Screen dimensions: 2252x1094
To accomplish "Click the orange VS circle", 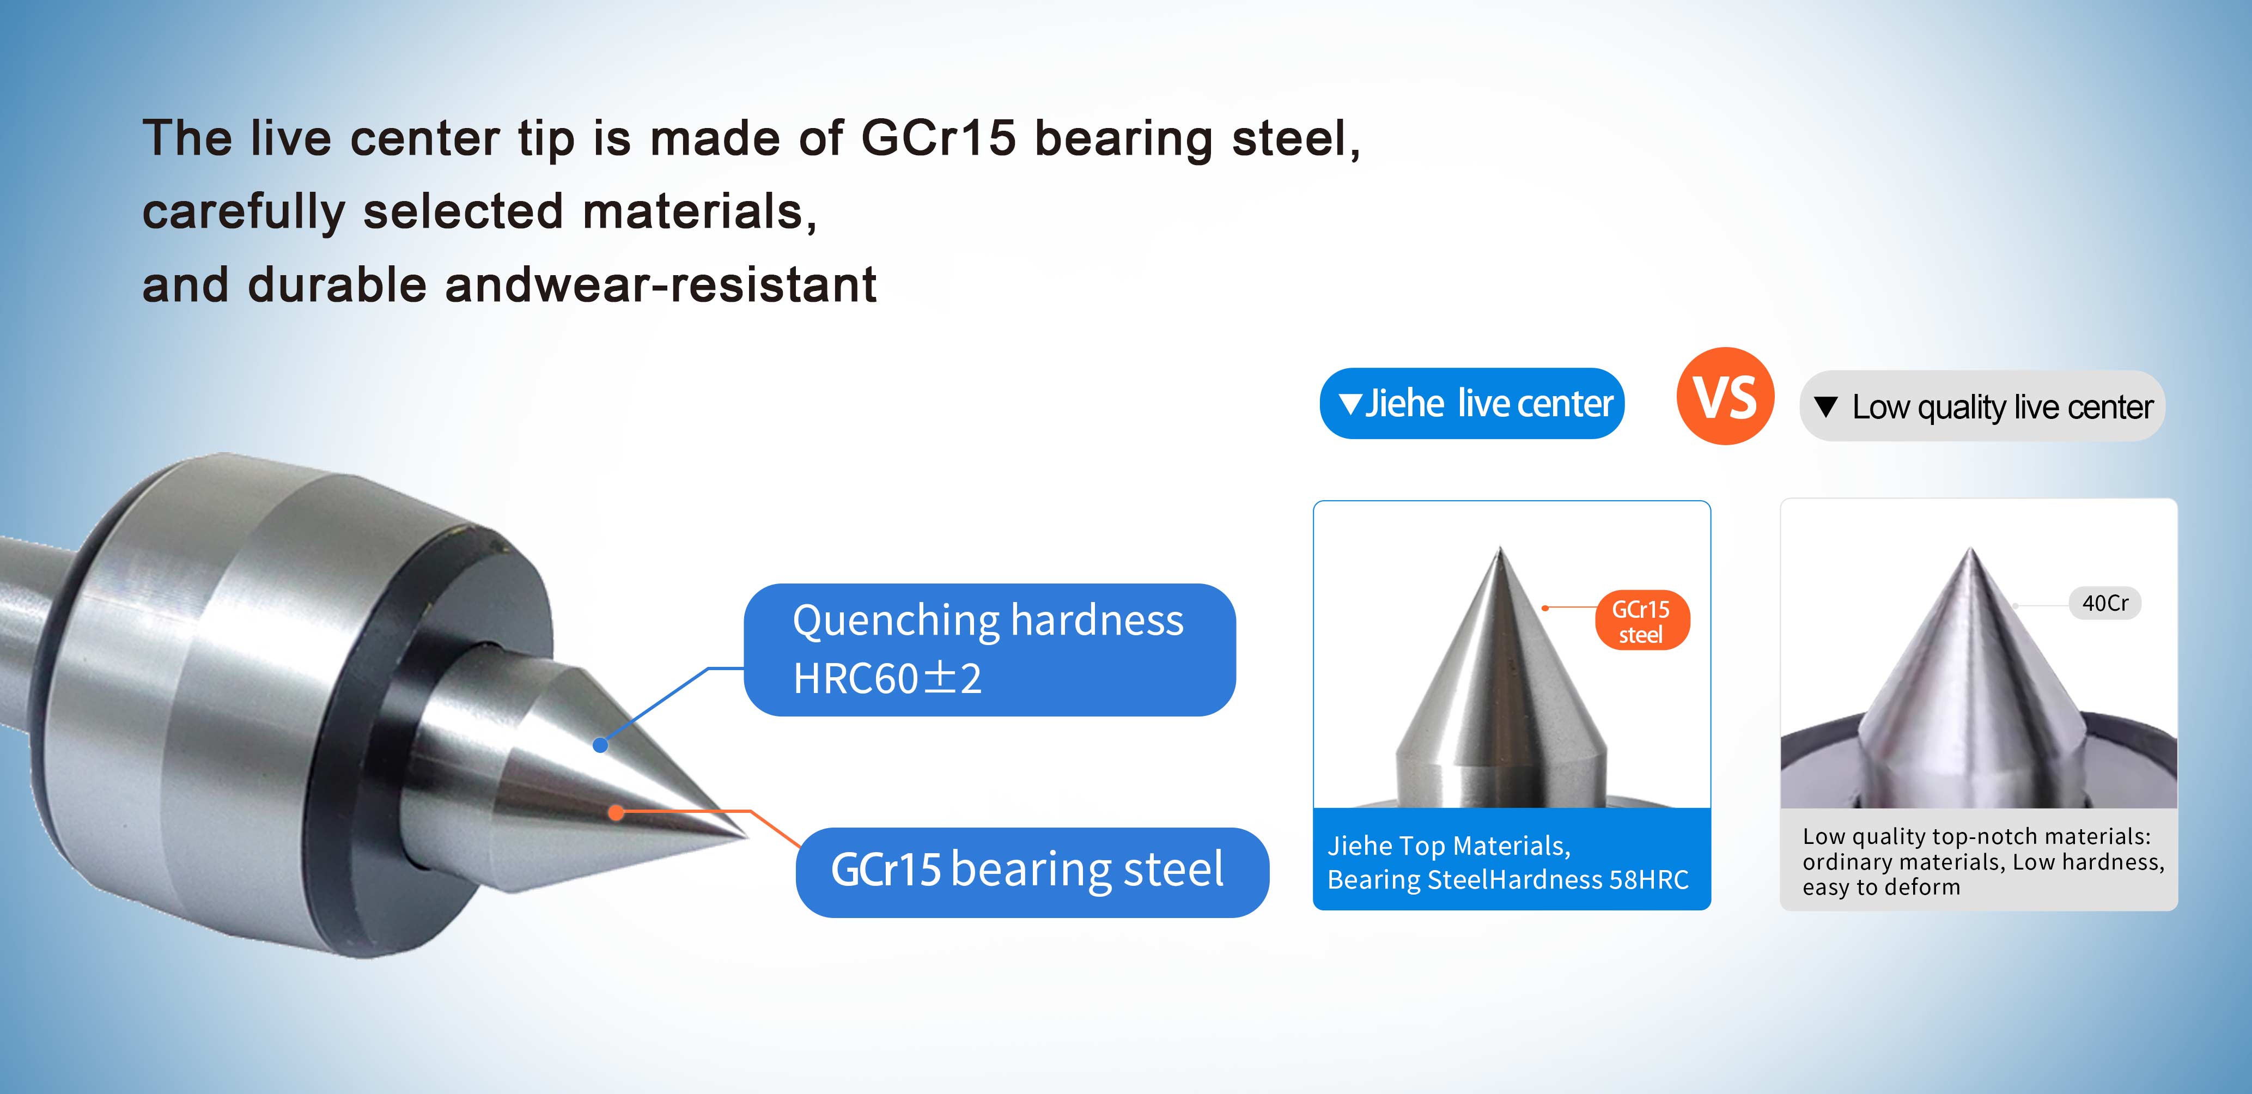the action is [x=1725, y=396].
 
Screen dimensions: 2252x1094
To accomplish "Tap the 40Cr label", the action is [x=2105, y=603].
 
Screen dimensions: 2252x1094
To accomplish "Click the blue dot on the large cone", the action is [x=600, y=745].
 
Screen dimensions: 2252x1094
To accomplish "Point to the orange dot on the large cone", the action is [x=616, y=812].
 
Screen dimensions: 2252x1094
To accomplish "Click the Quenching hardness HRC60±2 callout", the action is [x=989, y=650].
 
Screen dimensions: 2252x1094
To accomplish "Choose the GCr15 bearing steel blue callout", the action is [x=1032, y=872].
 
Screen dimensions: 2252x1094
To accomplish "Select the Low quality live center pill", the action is [x=1982, y=406].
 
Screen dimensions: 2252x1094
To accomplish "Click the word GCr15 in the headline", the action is [x=938, y=138].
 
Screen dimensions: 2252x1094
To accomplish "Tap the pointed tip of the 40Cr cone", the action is [x=1970, y=548].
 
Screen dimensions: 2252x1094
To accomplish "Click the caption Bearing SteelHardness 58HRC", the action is [x=1508, y=879].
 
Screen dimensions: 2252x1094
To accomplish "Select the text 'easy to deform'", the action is [x=1882, y=888].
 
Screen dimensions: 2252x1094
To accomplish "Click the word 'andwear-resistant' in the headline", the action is [x=660, y=285].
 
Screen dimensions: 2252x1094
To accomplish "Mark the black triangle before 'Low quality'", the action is [x=1825, y=406].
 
